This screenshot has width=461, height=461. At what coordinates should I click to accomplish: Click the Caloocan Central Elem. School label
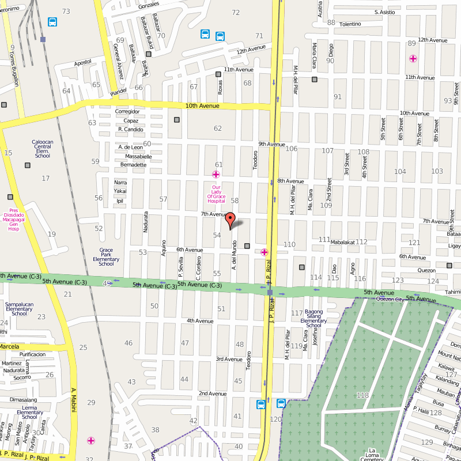[x=43, y=149]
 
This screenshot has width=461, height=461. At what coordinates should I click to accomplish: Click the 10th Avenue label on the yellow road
[x=202, y=106]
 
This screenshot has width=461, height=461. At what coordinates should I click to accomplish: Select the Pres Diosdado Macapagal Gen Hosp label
[x=14, y=220]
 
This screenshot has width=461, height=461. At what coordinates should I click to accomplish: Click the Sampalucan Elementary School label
[x=20, y=308]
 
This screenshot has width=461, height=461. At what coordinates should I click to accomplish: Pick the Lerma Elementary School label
[x=30, y=412]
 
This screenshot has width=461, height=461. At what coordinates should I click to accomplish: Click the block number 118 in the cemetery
[x=362, y=395]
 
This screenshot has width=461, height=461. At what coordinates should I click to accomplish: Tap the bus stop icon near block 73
[x=52, y=22]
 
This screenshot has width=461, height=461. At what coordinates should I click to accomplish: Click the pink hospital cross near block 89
[x=413, y=58]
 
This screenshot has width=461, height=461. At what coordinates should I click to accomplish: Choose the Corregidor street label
[x=127, y=111]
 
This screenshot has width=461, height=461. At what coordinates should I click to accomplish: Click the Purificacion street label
[x=33, y=354]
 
